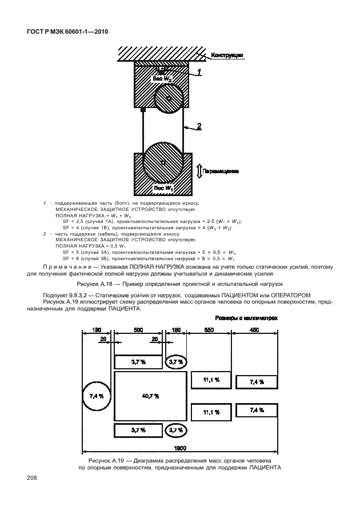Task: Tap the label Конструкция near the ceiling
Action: pyautogui.click(x=227, y=55)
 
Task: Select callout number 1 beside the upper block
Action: pyautogui.click(x=199, y=71)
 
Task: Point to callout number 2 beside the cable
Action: pyautogui.click(x=199, y=126)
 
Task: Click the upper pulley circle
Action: pyautogui.click(x=169, y=98)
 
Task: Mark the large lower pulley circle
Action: pyautogui.click(x=163, y=163)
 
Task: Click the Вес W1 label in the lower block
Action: pyautogui.click(x=163, y=188)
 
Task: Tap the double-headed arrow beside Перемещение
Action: pyautogui.click(x=199, y=170)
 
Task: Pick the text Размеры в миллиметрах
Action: pyautogui.click(x=246, y=318)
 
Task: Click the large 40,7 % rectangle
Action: pyautogui.click(x=150, y=396)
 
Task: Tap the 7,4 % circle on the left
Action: pyautogui.click(x=97, y=396)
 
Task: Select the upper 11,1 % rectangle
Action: pyautogui.click(x=211, y=379)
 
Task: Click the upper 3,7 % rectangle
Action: pyautogui.click(x=138, y=362)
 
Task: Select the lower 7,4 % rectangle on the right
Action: pyautogui.click(x=257, y=410)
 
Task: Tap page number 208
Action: pyautogui.click(x=31, y=477)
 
